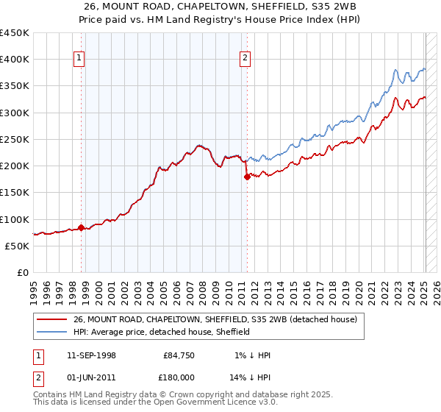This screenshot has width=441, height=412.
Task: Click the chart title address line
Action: [220, 7]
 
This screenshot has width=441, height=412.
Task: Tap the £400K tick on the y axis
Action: [15, 60]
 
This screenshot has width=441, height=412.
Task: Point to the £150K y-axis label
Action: [15, 192]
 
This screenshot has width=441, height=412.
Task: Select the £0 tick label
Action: [23, 272]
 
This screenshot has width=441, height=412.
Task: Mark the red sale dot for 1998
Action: [81, 227]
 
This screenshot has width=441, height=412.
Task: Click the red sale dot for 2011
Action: [247, 177]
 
